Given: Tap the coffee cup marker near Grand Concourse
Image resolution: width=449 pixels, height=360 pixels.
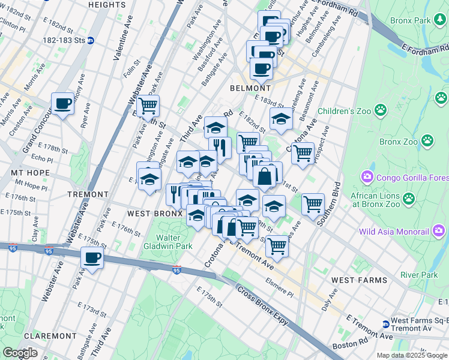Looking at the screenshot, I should point(62,104).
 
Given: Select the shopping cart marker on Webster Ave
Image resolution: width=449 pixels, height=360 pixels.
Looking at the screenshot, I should point(148,107).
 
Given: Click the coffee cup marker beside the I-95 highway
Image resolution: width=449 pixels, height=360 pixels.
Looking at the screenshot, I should point(91,258).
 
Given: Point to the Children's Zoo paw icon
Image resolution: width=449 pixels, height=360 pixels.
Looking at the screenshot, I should point(380,110).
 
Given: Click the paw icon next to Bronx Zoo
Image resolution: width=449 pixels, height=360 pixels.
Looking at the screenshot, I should point(427,141).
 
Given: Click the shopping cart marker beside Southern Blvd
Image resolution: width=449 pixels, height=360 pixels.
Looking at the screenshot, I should point(313,204).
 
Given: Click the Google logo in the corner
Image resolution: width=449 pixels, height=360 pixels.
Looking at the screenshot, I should point(20,353).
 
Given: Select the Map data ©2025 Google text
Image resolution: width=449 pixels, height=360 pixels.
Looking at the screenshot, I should point(412,355).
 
